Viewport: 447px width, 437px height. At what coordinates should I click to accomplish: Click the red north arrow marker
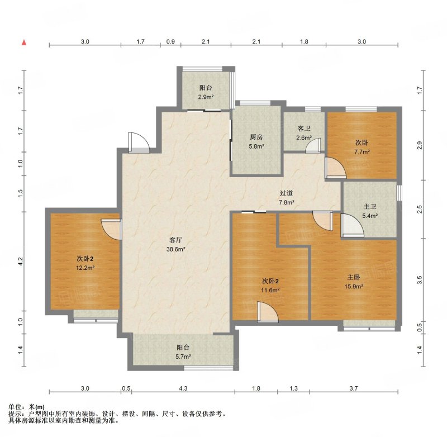pos(24,42)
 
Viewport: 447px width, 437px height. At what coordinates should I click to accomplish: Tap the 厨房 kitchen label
pos(256,137)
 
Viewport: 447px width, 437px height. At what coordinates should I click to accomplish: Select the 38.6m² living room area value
pos(176,249)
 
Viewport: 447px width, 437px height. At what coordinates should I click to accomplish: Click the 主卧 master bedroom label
pos(354,277)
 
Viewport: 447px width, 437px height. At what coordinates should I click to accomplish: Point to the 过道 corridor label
pos(286,193)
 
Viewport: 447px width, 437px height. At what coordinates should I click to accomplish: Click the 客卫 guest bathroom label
pos(303,129)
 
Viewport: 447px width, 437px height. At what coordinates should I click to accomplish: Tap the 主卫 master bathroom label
pos(370,207)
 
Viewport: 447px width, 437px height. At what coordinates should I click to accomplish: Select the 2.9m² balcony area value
pos(206,97)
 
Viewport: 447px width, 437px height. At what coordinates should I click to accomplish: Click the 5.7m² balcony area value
pos(183,357)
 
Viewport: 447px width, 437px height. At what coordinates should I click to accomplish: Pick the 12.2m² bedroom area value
pos(85,268)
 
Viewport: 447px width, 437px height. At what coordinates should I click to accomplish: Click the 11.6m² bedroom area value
pos(270,291)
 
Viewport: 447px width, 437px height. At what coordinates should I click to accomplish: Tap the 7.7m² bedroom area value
pos(362,152)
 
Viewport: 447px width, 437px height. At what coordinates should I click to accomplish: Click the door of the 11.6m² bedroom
pos(268,312)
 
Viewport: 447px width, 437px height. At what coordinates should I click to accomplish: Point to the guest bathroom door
pos(313,146)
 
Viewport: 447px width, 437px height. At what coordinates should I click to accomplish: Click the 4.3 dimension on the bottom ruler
pos(183,388)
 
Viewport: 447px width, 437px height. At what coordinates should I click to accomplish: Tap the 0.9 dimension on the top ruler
pos(170,41)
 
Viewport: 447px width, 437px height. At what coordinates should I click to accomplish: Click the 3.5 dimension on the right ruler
pos(420,280)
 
